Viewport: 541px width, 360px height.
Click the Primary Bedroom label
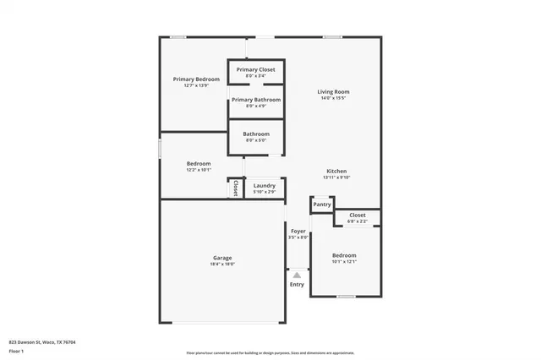(190, 79)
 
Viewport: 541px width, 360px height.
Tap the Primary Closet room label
(255, 69)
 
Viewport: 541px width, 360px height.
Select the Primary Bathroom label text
(255, 100)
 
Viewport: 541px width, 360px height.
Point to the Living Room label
(333, 91)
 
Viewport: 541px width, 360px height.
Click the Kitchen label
(336, 171)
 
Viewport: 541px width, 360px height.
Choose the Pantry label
(321, 205)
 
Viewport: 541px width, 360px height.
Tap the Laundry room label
(264, 185)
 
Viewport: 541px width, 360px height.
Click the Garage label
(222, 258)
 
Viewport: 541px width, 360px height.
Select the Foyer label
(298, 231)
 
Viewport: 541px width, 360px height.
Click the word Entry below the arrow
(297, 284)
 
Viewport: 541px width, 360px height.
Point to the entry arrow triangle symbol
(297, 275)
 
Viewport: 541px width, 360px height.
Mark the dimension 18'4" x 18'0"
(222, 265)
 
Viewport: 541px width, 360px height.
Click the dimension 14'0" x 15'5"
(333, 98)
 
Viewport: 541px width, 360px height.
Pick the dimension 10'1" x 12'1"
(344, 262)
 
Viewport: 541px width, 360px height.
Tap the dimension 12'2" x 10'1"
(199, 170)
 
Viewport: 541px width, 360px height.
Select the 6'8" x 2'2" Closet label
(357, 221)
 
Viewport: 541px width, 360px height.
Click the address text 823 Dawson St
(42, 342)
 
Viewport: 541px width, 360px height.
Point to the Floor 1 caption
(16, 351)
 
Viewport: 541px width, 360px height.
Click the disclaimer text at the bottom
(270, 353)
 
